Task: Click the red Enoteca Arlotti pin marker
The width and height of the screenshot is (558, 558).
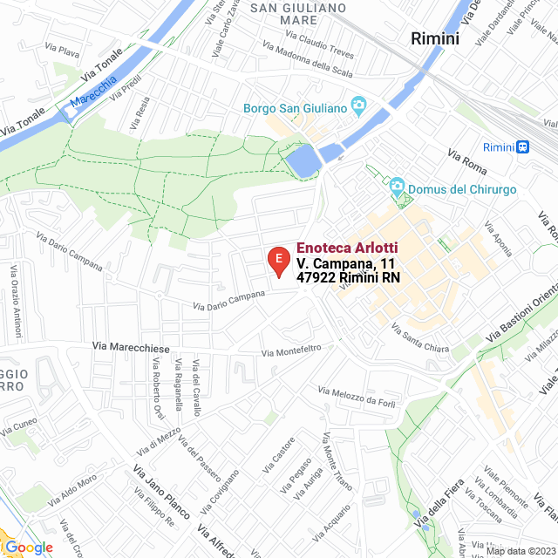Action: pos(277,261)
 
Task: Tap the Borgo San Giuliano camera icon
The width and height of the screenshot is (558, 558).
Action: pos(357,107)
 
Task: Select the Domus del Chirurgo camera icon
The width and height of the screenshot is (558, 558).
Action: pos(397,188)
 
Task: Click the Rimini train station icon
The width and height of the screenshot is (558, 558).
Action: pos(522,147)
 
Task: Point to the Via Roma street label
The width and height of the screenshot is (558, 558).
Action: pos(466,161)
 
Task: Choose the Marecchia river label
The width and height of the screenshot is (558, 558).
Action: pos(93,91)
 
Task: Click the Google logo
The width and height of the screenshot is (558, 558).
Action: pos(28,547)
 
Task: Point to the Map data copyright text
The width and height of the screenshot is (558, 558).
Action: pos(520,550)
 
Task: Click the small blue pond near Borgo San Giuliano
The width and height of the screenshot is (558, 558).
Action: pos(302,161)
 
